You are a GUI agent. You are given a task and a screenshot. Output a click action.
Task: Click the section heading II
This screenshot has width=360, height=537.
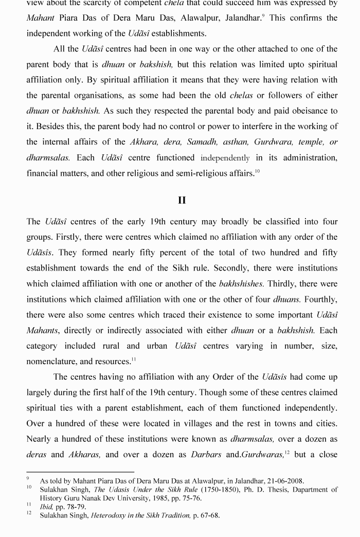pyautogui.click(x=182, y=200)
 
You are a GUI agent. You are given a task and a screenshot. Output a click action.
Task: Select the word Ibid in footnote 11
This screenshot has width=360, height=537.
pyautogui.click(x=47, y=507)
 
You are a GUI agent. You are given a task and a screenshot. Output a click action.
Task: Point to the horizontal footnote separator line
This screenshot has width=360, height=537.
pyautogui.click(x=80, y=472)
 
